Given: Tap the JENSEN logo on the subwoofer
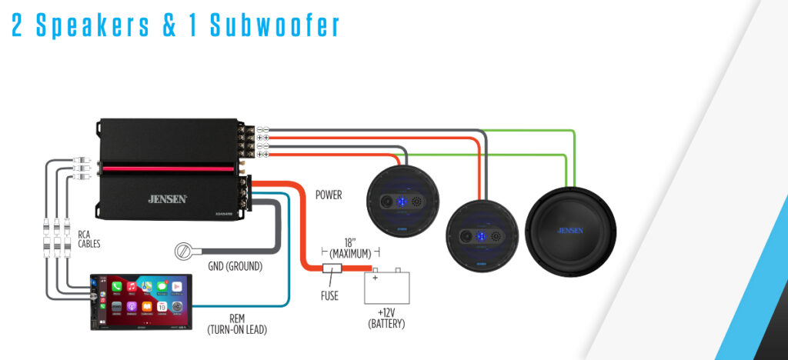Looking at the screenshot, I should (570, 228).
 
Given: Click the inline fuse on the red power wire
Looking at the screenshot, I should (332, 270).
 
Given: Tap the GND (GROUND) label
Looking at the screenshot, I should (235, 267).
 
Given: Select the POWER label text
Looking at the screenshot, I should (329, 195).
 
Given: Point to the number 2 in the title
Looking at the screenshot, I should (18, 25).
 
